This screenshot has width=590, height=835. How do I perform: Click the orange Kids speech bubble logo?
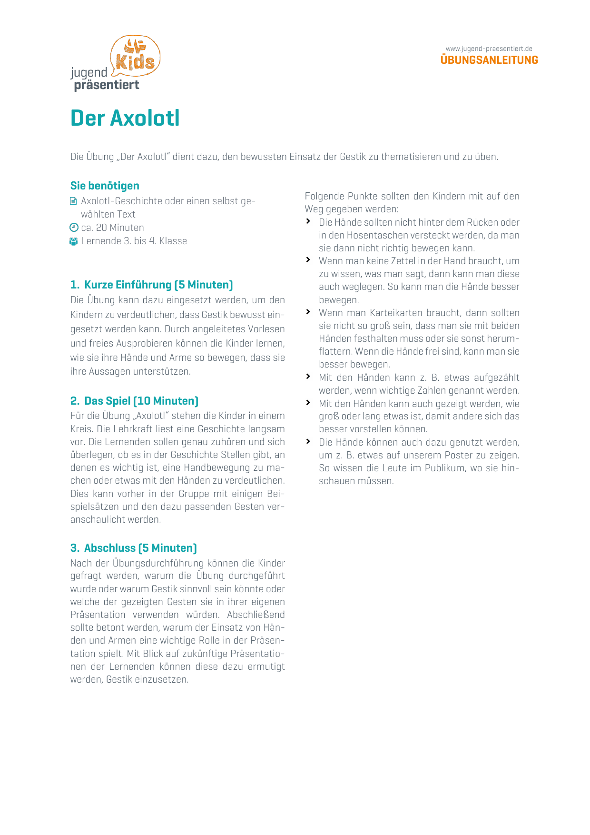[136, 57]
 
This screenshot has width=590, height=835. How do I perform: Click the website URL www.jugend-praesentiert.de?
[489, 49]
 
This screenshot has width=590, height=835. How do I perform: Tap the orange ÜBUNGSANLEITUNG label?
[489, 60]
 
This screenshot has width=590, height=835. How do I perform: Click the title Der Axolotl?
[125, 118]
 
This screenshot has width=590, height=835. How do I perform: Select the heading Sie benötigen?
[105, 186]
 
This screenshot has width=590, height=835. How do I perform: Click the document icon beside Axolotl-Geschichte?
[73, 201]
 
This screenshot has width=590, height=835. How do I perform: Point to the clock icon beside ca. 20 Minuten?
[74, 228]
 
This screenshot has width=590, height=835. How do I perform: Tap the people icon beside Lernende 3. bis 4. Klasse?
[73, 241]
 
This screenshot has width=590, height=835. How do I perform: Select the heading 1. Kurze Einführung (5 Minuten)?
[151, 285]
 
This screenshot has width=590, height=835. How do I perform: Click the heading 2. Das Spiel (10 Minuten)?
[134, 401]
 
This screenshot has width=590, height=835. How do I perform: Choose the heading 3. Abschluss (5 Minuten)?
[133, 548]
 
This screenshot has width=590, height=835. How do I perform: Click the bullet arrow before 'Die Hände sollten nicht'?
[308, 221]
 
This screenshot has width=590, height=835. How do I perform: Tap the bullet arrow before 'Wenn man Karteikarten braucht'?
[308, 312]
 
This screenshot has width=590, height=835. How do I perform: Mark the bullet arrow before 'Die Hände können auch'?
[308, 441]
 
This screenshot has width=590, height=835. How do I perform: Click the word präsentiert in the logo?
[107, 85]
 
